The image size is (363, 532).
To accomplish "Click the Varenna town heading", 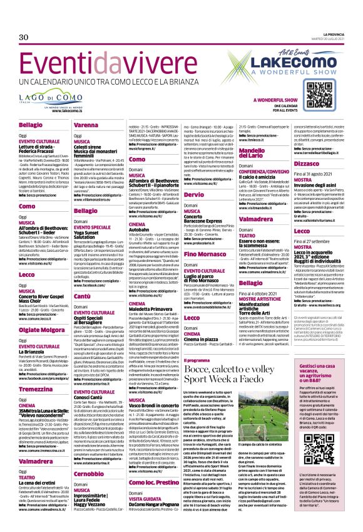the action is (87, 125).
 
